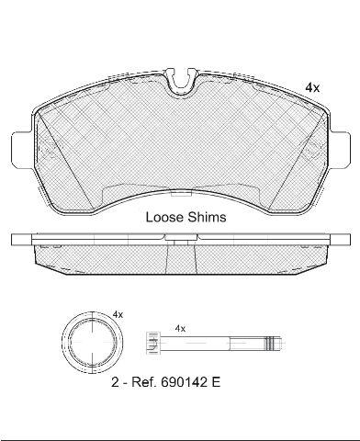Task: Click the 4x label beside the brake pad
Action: [x=312, y=88]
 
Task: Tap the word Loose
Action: [x=164, y=217]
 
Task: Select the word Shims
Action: [x=207, y=217]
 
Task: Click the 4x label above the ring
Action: [x=118, y=314]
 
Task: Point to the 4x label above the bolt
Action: [x=180, y=329]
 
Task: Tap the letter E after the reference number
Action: [x=216, y=382]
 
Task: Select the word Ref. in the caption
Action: [x=143, y=382]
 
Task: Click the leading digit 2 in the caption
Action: [x=115, y=382]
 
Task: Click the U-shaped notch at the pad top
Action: [x=182, y=82]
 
